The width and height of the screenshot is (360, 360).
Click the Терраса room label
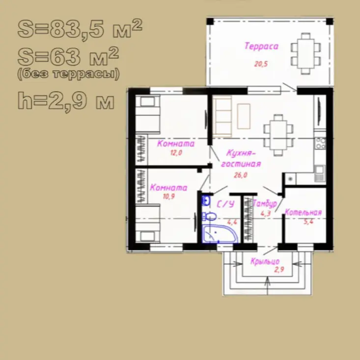[x=261, y=46]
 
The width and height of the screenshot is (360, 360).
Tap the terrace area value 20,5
[x=261, y=64]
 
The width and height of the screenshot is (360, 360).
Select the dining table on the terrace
[x=305, y=54]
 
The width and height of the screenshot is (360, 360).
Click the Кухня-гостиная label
[x=241, y=159]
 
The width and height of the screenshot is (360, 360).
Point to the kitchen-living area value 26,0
[x=240, y=175]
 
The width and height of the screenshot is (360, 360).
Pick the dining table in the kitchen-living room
[x=278, y=136]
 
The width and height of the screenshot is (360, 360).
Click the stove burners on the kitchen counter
[x=321, y=143]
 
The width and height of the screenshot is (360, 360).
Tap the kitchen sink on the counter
[x=320, y=173]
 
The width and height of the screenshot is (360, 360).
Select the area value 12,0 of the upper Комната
[x=176, y=153]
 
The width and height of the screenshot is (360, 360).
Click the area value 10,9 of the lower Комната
[x=169, y=196]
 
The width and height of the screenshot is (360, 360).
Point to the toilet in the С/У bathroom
[x=209, y=216]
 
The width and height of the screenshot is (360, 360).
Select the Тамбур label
[x=265, y=203]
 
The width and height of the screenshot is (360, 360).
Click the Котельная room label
[x=303, y=212]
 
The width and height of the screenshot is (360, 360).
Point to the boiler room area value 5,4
[x=308, y=222]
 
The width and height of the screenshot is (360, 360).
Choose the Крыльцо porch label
[x=265, y=261]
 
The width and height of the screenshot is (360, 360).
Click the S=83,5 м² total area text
[x=80, y=28]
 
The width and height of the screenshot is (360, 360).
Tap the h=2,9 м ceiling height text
[x=66, y=101]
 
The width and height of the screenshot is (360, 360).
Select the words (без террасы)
[x=68, y=74]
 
